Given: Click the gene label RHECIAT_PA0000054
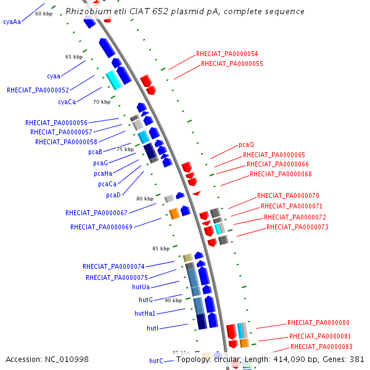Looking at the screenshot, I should coord(227,54).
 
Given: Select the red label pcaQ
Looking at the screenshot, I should coord(246,145).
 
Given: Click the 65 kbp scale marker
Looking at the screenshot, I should coord(73,57).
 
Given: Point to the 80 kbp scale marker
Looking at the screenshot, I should coord(144,199).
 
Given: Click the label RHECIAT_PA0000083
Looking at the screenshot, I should coord(320,347).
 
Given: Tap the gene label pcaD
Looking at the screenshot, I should coord(113,195).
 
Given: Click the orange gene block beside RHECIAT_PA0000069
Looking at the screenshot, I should coord(174,213).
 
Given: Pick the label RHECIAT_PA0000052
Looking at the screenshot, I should coord(38,90).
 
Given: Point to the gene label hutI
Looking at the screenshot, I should coord(152,329).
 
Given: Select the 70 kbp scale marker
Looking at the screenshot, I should coord(101,102).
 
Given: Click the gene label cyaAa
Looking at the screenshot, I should coord(12,22).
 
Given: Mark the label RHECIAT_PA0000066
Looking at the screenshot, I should coord(277,165).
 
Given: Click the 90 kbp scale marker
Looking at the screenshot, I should coord(173,300).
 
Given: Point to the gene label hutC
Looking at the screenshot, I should coord(156,361).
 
